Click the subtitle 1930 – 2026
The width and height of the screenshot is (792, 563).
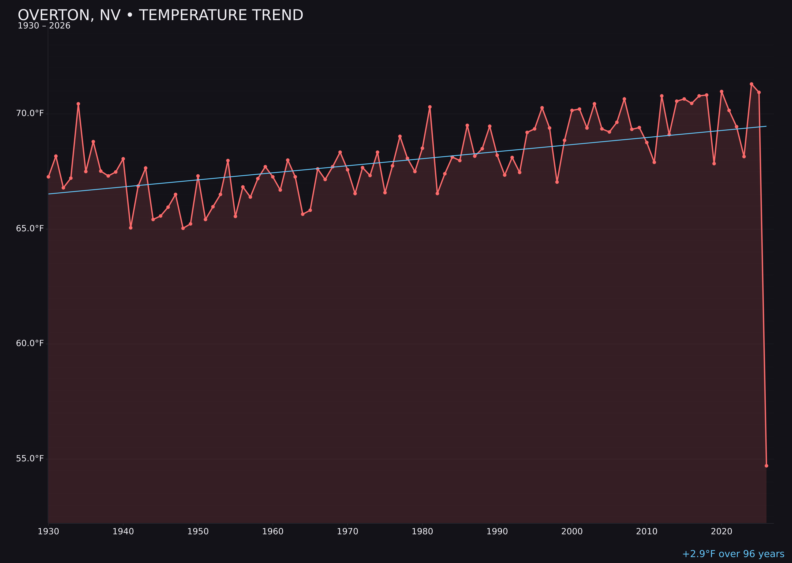point(44,26)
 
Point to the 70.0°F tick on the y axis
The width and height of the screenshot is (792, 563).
point(30,113)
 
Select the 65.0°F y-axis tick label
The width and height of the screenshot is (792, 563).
point(30,228)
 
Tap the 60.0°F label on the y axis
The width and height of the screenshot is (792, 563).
point(30,343)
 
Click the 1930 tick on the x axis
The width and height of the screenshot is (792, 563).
point(48,532)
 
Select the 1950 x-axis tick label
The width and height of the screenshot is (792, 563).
point(198,532)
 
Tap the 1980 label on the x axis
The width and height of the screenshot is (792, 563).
point(422,532)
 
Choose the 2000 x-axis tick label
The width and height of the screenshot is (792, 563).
point(572,532)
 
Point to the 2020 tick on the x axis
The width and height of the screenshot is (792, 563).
point(722,532)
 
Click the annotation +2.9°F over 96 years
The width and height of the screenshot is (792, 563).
point(733,554)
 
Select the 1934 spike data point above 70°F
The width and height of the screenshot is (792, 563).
point(78,104)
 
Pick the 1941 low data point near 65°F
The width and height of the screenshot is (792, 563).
point(131,228)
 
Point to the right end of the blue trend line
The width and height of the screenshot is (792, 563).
point(766,126)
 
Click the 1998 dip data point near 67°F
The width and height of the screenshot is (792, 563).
point(557,182)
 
